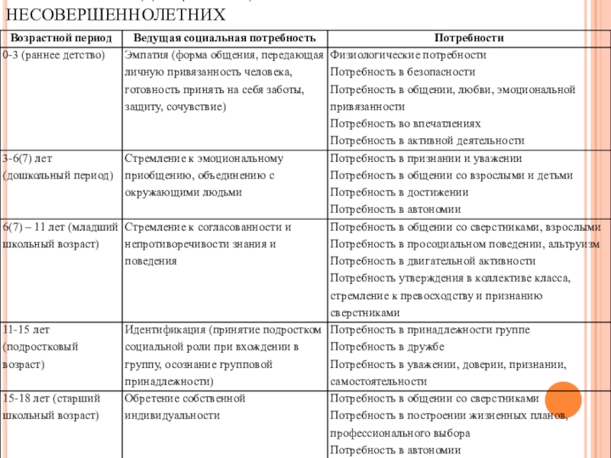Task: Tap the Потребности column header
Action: tap(469, 38)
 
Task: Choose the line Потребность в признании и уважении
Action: tap(426, 158)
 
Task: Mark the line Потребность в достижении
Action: tap(399, 192)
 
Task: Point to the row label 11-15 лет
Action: tap(26, 330)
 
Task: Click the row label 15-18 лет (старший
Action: tap(53, 398)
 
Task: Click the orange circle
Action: tap(564, 401)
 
